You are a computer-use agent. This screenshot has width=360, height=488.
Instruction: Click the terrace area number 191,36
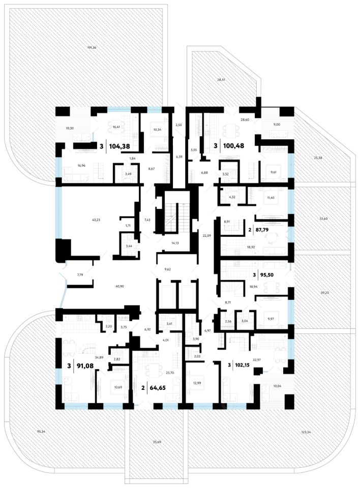[x=92, y=48]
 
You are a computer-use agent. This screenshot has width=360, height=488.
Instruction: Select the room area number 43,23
[x=96, y=220]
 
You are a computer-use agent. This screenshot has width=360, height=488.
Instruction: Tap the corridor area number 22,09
[x=206, y=235]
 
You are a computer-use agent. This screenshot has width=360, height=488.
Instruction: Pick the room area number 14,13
[x=175, y=243]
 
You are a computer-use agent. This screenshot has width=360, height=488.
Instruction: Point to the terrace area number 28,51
[x=221, y=80]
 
